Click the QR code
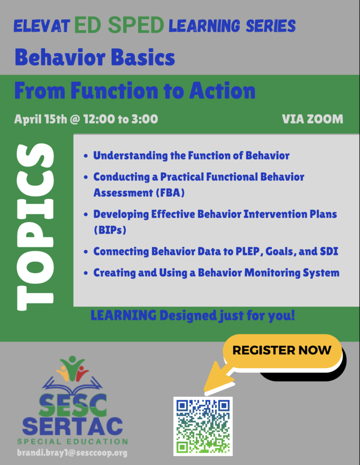(x=203, y=426)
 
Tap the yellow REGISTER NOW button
(x=281, y=351)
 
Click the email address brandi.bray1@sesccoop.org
(x=72, y=453)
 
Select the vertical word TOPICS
(x=35, y=227)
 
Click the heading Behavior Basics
(x=94, y=58)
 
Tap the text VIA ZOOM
(x=312, y=119)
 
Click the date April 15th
(x=40, y=119)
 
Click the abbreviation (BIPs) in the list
(x=109, y=230)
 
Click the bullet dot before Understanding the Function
(x=86, y=156)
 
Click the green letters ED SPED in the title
(x=118, y=26)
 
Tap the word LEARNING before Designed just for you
(x=123, y=315)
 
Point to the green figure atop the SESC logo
(x=73, y=363)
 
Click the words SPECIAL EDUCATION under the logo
(x=73, y=441)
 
